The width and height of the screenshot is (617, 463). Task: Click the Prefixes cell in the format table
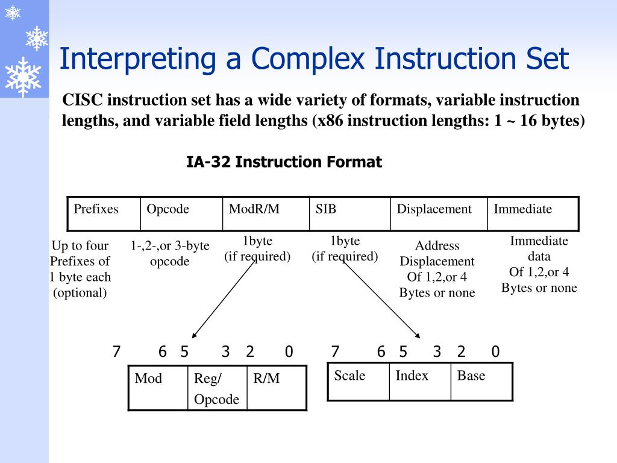click(104, 213)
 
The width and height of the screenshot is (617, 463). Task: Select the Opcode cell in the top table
click(181, 213)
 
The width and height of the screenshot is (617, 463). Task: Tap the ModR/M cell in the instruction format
click(266, 213)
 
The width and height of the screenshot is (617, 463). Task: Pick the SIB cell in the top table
click(349, 213)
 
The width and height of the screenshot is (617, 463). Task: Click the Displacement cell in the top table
click(439, 213)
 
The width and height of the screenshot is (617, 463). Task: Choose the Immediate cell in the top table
click(533, 213)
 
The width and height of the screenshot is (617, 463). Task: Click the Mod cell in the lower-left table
click(158, 388)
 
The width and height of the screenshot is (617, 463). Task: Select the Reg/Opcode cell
click(217, 388)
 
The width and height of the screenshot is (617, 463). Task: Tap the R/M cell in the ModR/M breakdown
click(277, 388)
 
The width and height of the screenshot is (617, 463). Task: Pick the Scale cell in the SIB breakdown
click(359, 381)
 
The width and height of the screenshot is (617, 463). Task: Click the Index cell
click(420, 381)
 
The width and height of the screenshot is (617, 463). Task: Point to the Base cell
click(481, 381)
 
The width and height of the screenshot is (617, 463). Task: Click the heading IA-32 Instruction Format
click(284, 162)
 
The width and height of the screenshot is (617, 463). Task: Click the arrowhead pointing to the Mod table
click(194, 335)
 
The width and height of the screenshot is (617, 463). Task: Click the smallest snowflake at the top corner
click(13, 13)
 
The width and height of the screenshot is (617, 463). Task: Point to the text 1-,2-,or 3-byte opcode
click(170, 253)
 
